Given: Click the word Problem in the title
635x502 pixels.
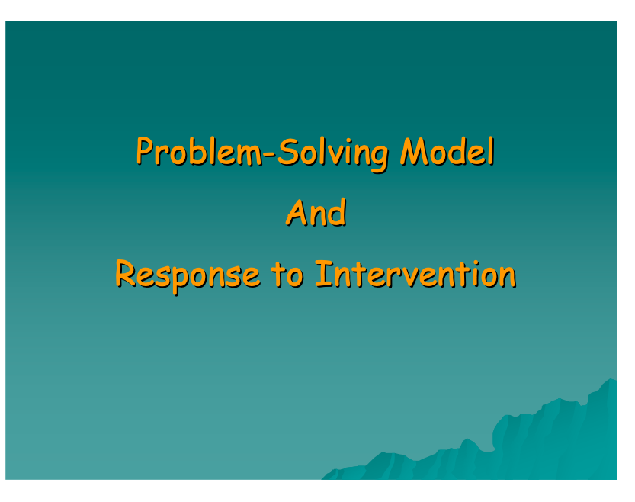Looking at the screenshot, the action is tap(200, 151).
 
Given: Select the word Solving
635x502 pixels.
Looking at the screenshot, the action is tap(333, 154).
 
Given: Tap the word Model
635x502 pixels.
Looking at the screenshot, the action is tap(447, 151).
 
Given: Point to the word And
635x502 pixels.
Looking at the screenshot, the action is tap(316, 212).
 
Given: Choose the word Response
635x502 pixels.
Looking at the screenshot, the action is tap(188, 276).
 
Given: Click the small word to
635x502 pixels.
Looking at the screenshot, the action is tap(287, 274).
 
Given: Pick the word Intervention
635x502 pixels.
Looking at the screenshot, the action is tap(416, 274).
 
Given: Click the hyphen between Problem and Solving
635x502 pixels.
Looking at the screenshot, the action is tap(271, 154).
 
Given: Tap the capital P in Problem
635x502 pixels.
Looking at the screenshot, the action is tap(146, 151).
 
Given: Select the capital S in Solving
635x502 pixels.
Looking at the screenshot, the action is tap(288, 152).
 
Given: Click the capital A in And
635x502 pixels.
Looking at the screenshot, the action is tap(297, 212).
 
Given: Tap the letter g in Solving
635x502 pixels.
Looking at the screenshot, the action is tap(378, 159).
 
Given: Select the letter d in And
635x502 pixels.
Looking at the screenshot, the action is tap(338, 212).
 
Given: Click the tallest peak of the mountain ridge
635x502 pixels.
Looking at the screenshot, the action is tap(611, 379).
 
